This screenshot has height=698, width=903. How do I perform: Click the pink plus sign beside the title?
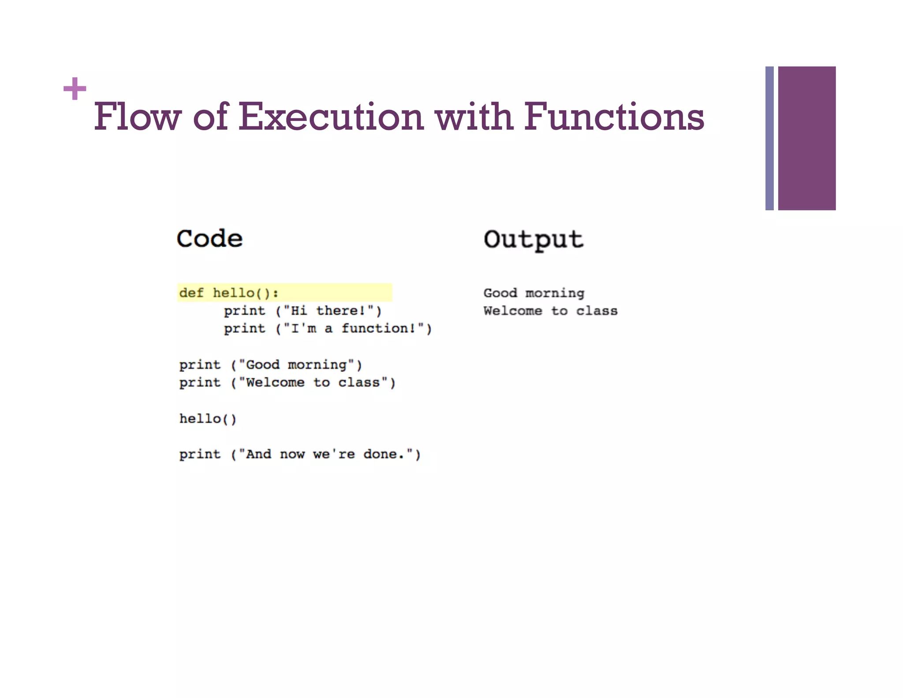tap(75, 88)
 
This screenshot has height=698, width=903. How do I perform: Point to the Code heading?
tap(209, 239)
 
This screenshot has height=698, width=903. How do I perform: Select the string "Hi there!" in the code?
tap(328, 311)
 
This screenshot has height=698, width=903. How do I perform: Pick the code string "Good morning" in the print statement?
tap(296, 365)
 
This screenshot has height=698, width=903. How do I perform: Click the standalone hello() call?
tap(208, 419)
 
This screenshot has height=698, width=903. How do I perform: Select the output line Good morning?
tap(534, 293)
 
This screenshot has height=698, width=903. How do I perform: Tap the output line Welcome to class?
tap(550, 311)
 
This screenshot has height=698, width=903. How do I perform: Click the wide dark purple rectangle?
tap(806, 138)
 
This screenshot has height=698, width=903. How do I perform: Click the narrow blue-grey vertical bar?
tap(769, 138)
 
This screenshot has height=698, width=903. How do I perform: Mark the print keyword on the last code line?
tap(200, 454)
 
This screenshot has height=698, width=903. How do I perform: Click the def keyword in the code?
tap(191, 293)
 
